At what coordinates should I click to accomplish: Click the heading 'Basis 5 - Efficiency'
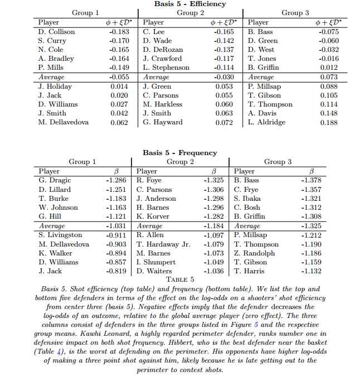click(x=191, y=4)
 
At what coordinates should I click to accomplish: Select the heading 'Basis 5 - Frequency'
click(x=179, y=152)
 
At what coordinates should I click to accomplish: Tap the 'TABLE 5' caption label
click(x=179, y=279)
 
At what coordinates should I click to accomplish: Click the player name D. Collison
click(x=56, y=32)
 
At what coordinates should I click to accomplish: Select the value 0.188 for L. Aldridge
click(x=329, y=122)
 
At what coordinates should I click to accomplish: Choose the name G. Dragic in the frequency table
click(x=55, y=181)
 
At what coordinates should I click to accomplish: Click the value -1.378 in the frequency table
click(x=311, y=181)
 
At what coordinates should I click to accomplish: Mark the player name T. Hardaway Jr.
click(x=163, y=244)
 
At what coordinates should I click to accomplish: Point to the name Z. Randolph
click(x=255, y=253)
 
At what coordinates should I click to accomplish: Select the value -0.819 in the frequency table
click(x=116, y=271)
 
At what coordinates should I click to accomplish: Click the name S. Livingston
click(x=60, y=235)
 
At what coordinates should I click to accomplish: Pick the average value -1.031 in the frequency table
click(x=116, y=226)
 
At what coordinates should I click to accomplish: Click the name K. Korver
click(x=154, y=216)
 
